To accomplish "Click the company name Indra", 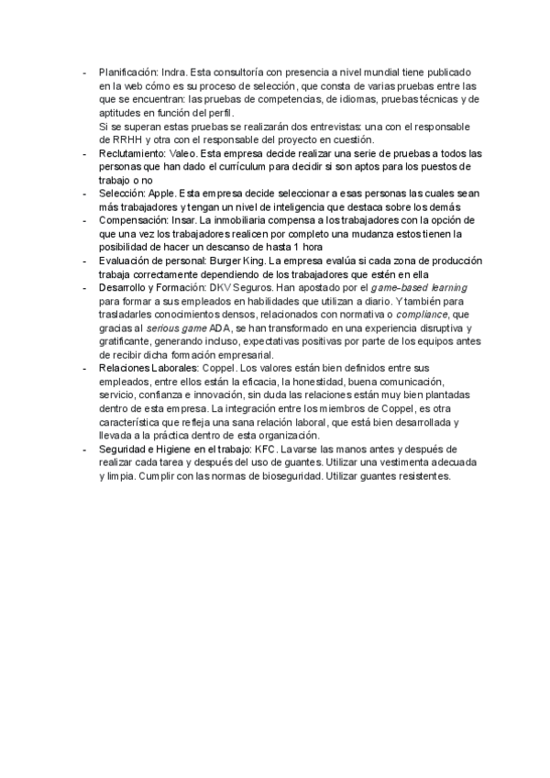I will click(173, 71).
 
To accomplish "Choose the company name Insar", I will click(184, 221).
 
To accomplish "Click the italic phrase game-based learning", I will click(415, 287).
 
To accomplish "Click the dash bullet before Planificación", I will click(84, 71).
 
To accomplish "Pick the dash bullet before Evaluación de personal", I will click(84, 261).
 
